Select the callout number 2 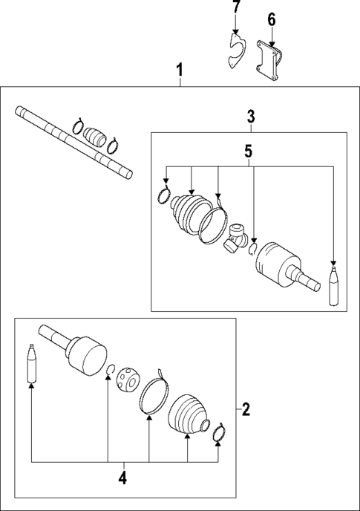pos(246,408)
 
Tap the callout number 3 pos(251,116)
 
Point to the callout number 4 pos(123,478)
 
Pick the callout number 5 pos(249,152)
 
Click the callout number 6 pos(271,19)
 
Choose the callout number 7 pos(236,8)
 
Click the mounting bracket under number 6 pos(268,59)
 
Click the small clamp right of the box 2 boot pos(219,434)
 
